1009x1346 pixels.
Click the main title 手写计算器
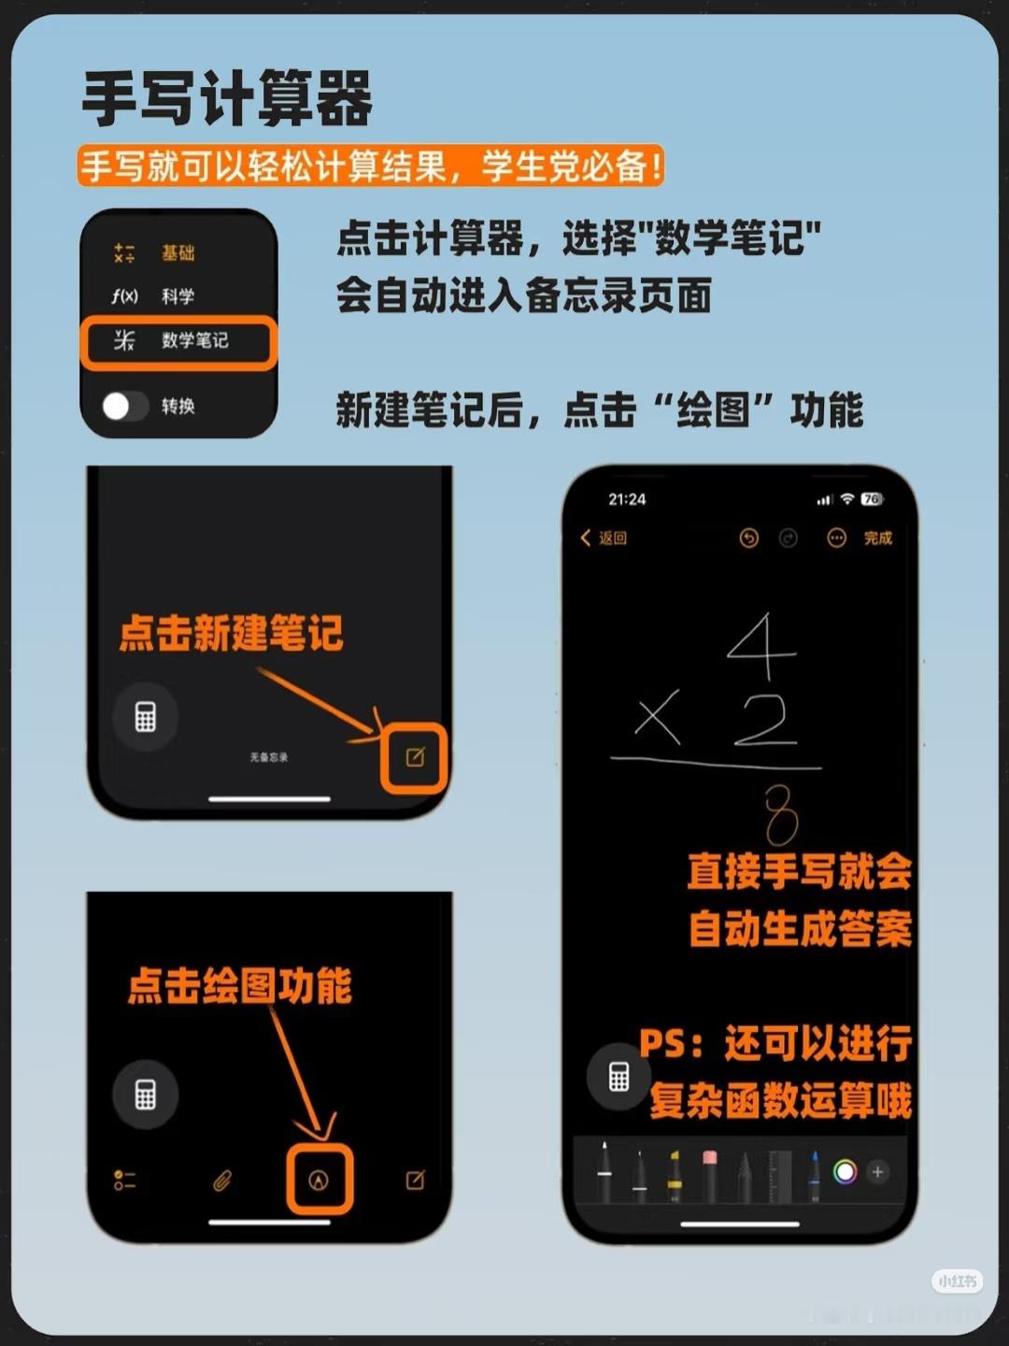227,98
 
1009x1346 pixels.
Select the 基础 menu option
178,252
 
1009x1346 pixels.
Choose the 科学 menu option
178,296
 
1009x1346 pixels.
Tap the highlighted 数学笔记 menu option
195,339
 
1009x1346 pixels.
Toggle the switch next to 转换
125,406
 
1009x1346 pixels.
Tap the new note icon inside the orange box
416,757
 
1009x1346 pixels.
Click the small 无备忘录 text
268,757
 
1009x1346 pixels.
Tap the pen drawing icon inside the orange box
318,1180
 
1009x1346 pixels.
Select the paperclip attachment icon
221,1180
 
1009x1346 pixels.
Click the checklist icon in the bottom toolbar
124,1180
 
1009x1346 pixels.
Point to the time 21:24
627,499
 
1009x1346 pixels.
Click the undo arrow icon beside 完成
748,538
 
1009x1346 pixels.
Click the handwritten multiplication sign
658,716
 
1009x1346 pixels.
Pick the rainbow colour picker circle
845,1172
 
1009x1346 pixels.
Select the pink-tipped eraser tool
709,1174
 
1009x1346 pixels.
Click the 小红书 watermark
957,1281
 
